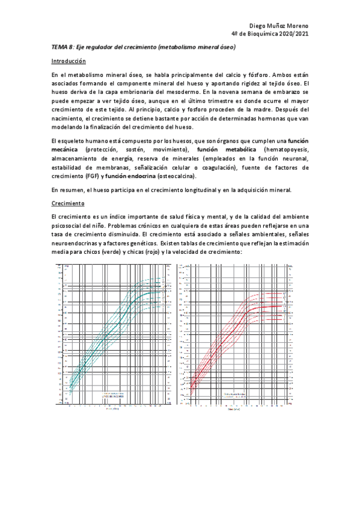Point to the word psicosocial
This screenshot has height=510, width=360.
(x=66, y=224)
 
